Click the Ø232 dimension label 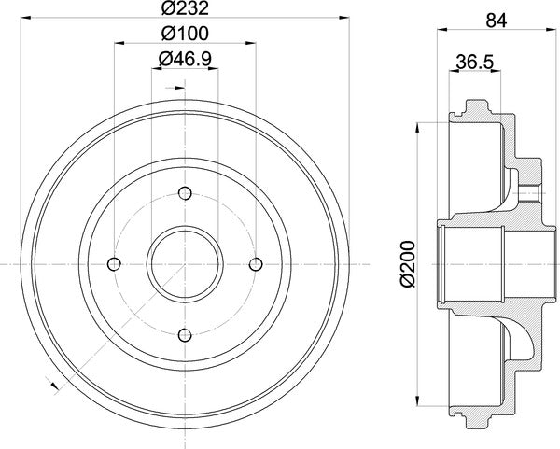coord(185,8)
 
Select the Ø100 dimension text coord(185,34)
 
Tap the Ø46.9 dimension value coord(185,59)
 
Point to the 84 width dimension coord(497,21)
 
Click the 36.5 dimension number coord(475,63)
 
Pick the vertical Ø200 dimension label coord(408,264)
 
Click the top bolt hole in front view coord(185,193)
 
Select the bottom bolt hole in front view coord(185,335)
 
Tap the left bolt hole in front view coord(114,264)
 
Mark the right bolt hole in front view coord(256,264)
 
